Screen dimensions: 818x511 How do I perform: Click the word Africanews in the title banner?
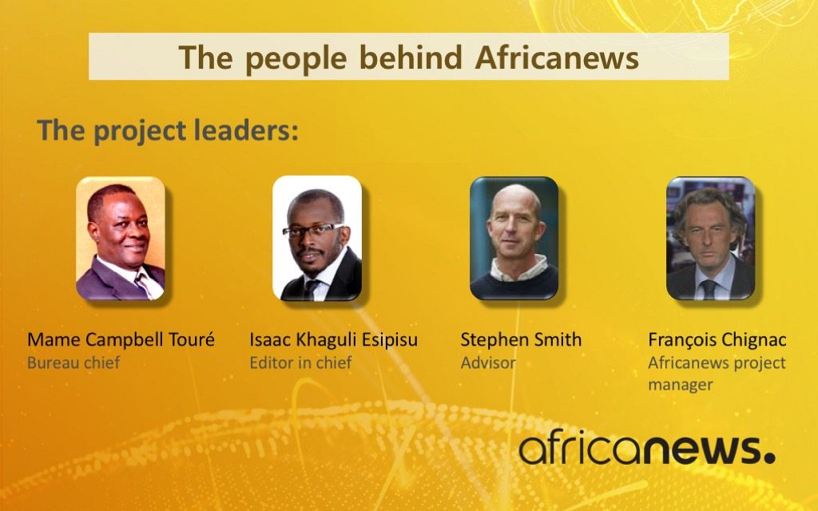click(557, 57)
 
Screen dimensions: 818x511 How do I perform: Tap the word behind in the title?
click(411, 57)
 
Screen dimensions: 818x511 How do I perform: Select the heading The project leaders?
click(168, 130)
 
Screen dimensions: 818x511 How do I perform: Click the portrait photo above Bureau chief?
click(121, 238)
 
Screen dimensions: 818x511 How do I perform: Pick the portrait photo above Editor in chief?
click(317, 238)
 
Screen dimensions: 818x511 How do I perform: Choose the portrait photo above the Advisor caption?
click(514, 238)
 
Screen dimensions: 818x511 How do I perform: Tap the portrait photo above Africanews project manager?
click(710, 238)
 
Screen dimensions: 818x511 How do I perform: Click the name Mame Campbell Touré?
click(121, 340)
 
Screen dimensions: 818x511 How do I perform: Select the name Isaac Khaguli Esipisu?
click(333, 340)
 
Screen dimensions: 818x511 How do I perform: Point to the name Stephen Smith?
click(521, 340)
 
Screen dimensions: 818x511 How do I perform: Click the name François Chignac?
click(717, 340)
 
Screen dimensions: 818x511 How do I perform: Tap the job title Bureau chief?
click(73, 362)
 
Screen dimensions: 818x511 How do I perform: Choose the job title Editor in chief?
click(300, 362)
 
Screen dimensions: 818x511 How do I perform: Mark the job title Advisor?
click(488, 362)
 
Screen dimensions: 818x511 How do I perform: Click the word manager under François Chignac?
click(681, 386)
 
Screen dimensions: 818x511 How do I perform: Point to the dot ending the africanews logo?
click(769, 458)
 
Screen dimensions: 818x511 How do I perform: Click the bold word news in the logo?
click(701, 450)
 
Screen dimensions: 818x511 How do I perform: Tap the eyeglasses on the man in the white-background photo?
click(313, 230)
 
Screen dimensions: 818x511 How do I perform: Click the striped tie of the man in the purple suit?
click(144, 283)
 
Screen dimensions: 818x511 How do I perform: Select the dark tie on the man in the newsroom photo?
click(708, 289)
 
